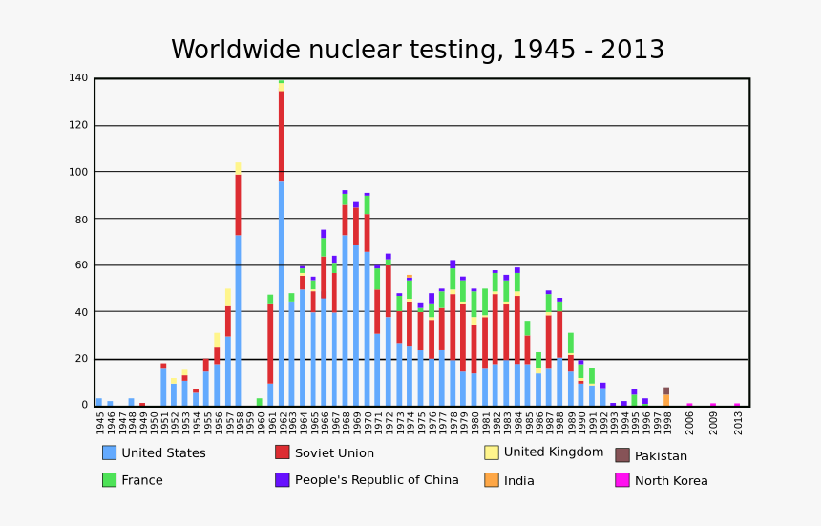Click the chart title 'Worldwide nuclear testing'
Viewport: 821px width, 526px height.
click(417, 51)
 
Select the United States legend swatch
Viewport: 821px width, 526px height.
click(109, 452)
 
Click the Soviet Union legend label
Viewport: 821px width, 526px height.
click(334, 453)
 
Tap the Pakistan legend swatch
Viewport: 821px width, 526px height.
click(622, 455)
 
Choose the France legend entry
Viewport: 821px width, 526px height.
click(142, 480)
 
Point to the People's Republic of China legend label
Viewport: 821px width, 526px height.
click(376, 480)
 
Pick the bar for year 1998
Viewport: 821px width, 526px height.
click(666, 397)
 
